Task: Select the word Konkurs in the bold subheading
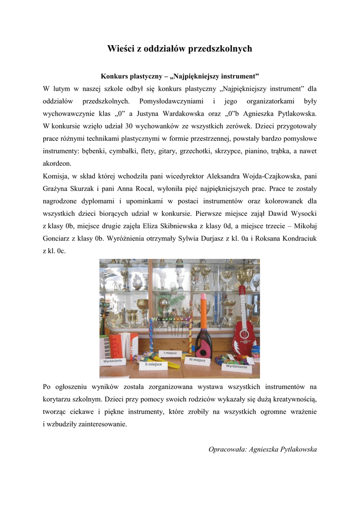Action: [114, 77]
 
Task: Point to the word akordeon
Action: [57, 163]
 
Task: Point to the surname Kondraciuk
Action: [295, 239]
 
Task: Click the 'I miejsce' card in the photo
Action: [171, 353]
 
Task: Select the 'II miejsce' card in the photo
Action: [153, 365]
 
